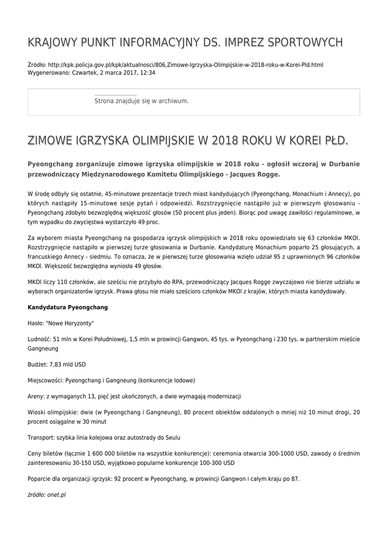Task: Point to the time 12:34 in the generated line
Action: [147, 73]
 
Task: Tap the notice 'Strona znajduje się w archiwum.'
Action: [141, 101]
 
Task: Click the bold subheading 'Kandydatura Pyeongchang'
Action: [67, 307]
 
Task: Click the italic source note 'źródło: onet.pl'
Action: [47, 495]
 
